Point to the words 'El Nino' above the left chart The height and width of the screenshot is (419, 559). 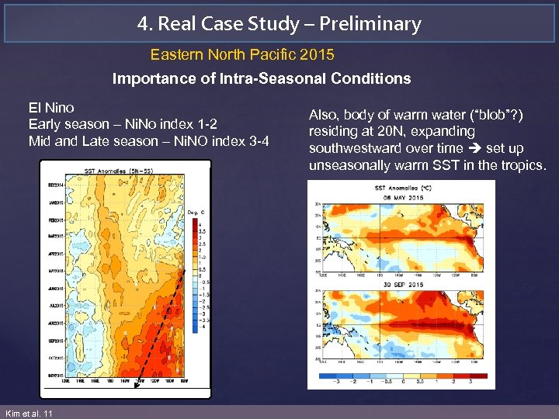coord(51,108)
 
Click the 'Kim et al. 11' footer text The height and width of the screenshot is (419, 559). coord(29,414)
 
